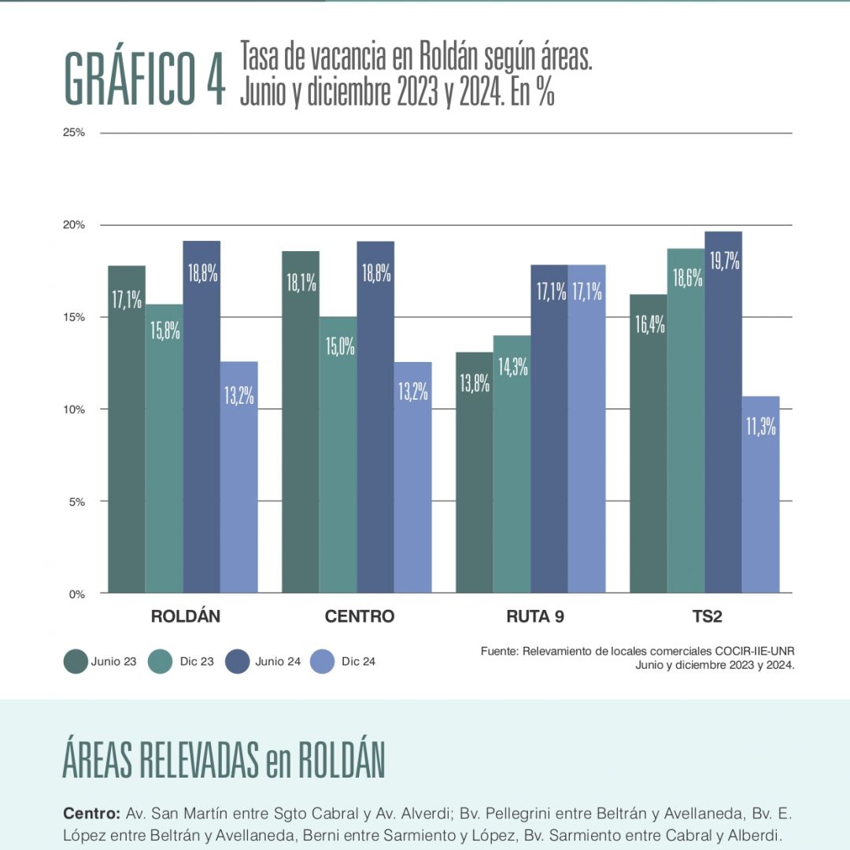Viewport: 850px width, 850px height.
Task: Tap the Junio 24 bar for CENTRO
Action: [x=375, y=417]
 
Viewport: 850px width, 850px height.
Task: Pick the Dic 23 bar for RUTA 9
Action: [x=512, y=464]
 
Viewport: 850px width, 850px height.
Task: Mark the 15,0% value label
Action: [x=338, y=346]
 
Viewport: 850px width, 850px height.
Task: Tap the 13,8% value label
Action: [x=475, y=383]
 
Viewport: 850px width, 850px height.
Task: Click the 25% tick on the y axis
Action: [x=74, y=132]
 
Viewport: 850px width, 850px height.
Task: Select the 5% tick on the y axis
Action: [x=76, y=501]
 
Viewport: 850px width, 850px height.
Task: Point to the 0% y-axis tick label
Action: [x=76, y=594]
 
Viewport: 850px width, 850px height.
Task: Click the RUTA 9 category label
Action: [x=535, y=616]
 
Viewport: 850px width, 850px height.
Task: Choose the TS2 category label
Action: [x=707, y=616]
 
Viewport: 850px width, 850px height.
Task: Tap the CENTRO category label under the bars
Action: [x=360, y=616]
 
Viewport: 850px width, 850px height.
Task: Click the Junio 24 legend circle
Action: [x=236, y=662]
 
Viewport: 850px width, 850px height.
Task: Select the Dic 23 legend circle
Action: [x=161, y=662]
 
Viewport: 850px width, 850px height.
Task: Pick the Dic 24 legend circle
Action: [x=322, y=662]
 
